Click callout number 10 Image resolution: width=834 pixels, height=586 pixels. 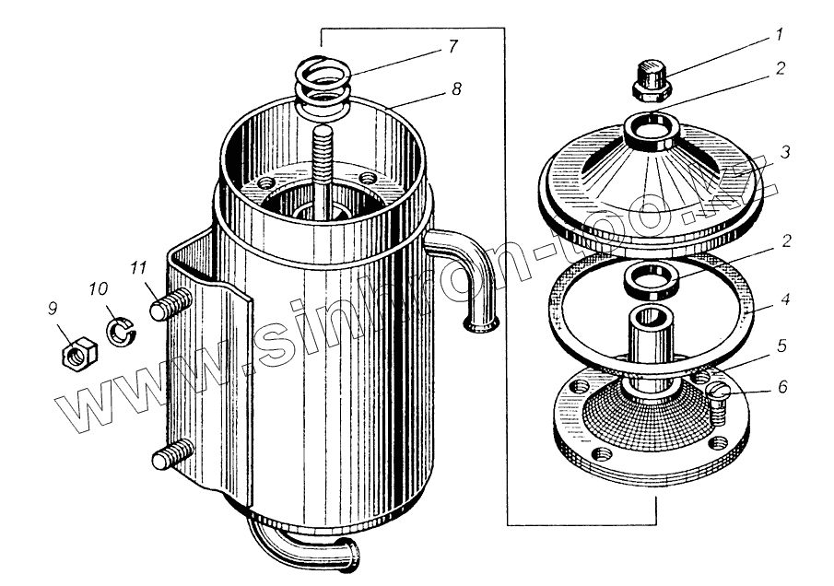96,289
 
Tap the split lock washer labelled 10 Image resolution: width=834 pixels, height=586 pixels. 121,329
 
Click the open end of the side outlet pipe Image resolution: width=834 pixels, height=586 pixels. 483,322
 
